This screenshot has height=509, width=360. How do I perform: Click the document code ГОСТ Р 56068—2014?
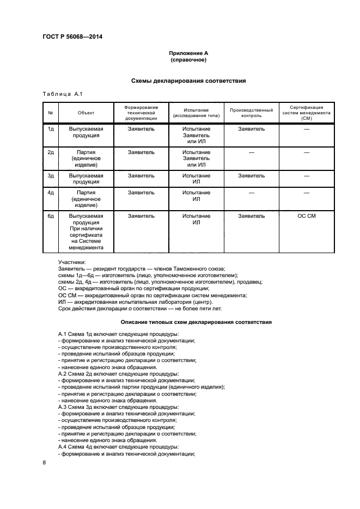coord(72,37)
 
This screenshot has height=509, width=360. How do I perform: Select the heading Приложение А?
coord(188,53)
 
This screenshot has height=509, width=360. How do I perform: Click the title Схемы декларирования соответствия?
coord(188,81)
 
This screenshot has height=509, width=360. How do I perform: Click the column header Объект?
coord(86,113)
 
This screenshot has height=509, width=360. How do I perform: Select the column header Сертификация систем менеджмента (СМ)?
coord(307,113)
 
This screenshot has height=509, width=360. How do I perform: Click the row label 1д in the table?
coord(51,129)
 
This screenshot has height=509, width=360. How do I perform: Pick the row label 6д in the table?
coord(51,216)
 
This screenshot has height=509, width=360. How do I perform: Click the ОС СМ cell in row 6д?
coord(307,216)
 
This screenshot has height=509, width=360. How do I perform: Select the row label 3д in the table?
coord(51,176)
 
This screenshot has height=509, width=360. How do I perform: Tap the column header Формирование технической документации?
coord(141,113)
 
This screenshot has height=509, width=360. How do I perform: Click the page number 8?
coord(44,462)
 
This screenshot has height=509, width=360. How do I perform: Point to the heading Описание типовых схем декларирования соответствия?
coord(196,322)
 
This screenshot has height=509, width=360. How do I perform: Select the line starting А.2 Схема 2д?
coord(118,374)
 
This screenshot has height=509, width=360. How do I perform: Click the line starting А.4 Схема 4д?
coord(118,447)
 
